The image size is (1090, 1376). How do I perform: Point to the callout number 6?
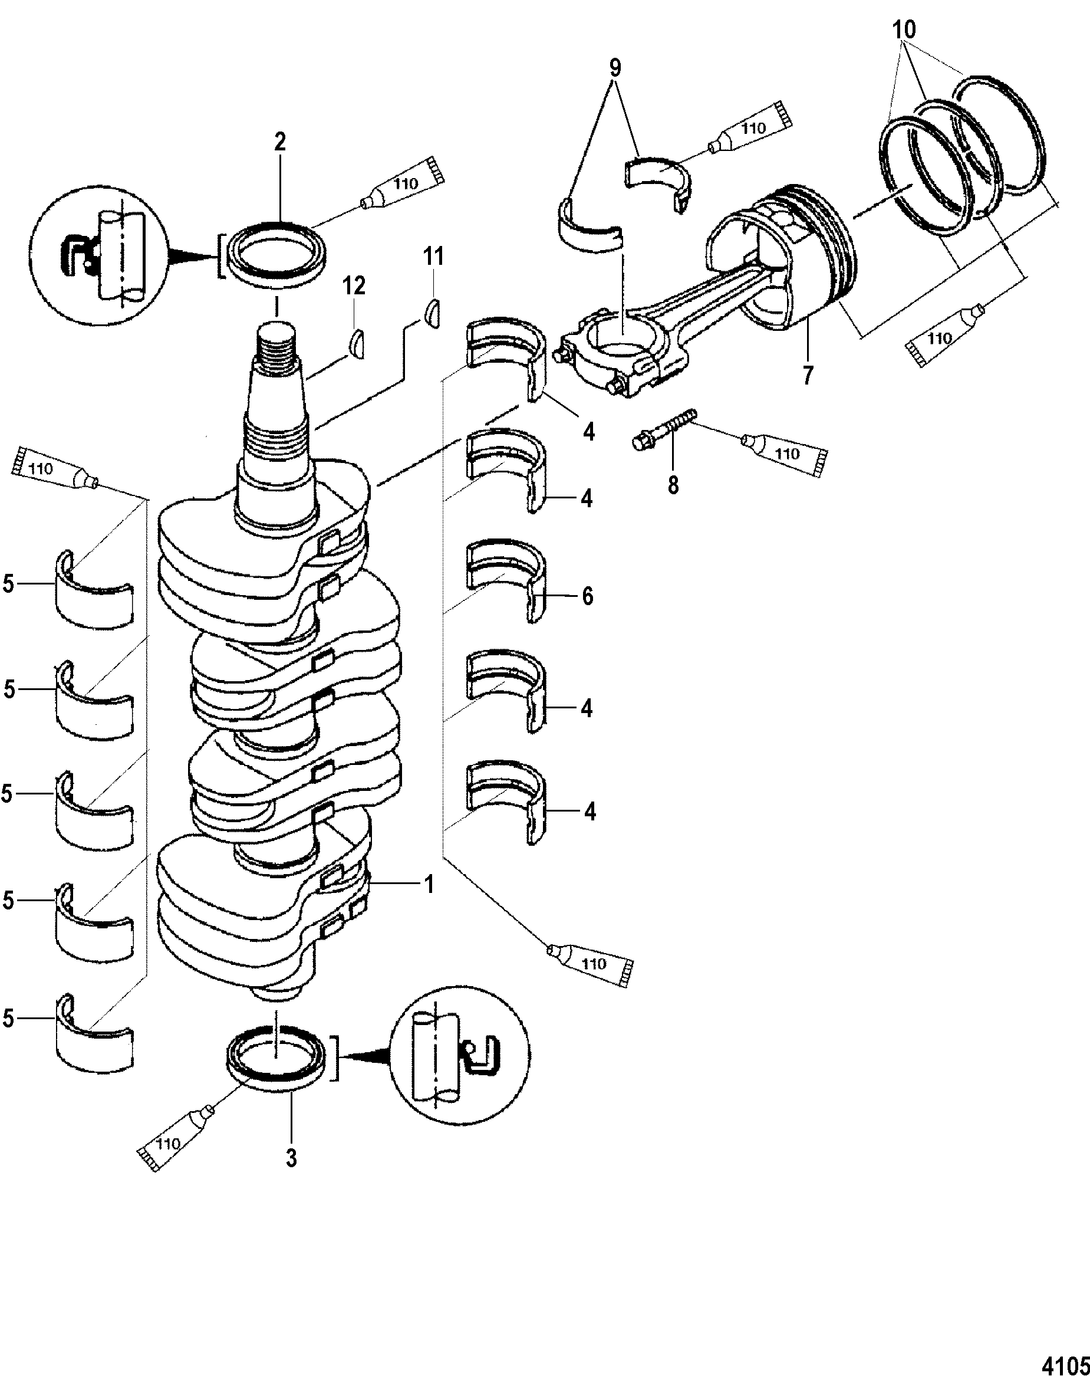(587, 596)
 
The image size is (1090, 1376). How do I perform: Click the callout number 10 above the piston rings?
(904, 29)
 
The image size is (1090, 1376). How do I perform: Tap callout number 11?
(434, 257)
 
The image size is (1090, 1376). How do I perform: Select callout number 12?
(354, 286)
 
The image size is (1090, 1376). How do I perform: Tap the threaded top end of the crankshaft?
(278, 350)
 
